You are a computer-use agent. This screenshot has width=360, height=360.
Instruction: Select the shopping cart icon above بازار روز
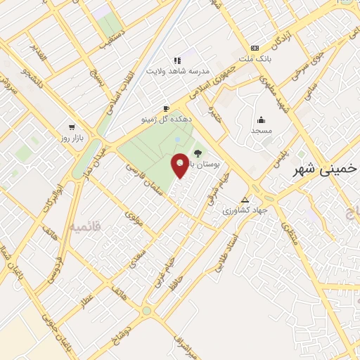72,127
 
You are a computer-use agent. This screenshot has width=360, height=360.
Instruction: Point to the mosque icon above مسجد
262,120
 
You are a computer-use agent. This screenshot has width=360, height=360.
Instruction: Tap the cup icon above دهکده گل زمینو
166,108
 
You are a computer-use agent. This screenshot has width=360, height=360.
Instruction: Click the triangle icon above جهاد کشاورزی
245,199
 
